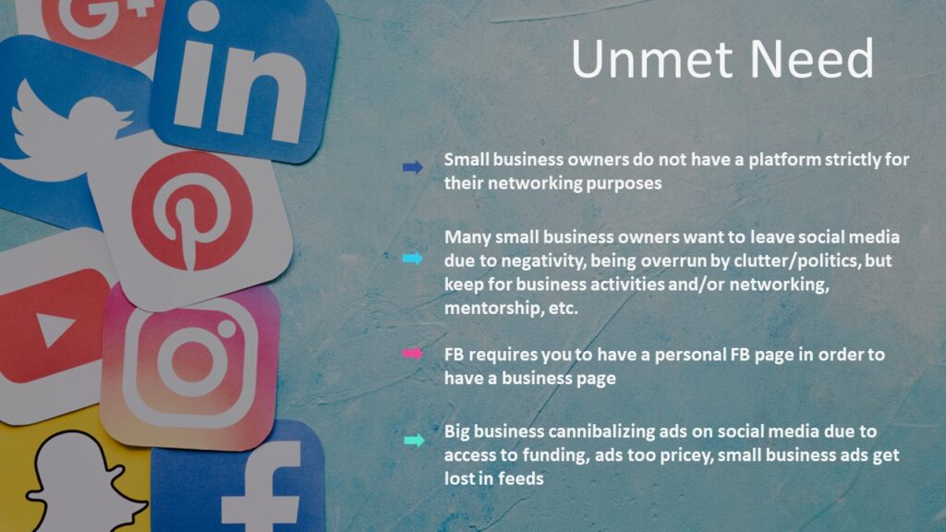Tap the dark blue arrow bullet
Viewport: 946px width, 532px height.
413,167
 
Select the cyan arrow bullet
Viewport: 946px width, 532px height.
413,259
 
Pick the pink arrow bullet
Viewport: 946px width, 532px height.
413,354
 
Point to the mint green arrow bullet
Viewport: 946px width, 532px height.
414,441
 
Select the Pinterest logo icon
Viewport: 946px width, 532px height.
192,212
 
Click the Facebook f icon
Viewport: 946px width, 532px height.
261,489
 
